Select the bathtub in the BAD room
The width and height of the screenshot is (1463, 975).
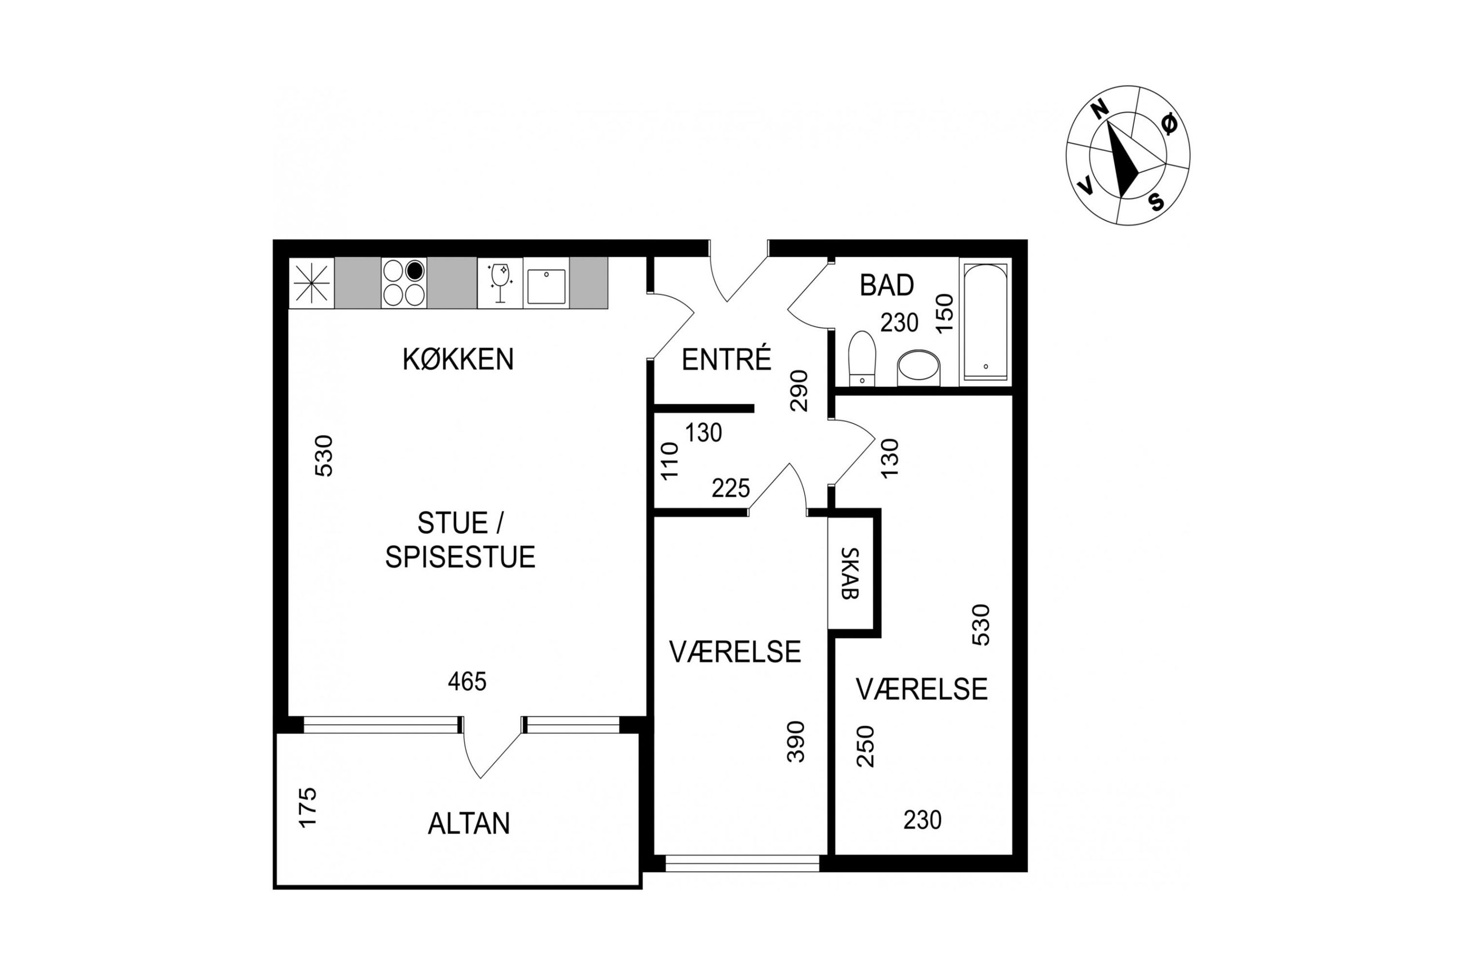(985, 322)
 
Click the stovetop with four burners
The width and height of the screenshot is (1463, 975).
(404, 283)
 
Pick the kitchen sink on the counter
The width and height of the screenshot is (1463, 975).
(546, 286)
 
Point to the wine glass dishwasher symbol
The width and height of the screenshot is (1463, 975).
(500, 283)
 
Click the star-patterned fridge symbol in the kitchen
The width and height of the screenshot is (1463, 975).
(312, 283)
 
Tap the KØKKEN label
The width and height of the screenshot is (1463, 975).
(458, 360)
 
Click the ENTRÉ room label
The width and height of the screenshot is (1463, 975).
(726, 360)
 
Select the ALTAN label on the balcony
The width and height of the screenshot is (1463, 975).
(469, 823)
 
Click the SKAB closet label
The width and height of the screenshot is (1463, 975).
(849, 573)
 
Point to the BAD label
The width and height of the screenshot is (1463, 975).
(887, 285)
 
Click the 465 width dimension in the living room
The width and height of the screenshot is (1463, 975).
(467, 682)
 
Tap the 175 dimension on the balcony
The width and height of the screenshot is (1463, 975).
(308, 807)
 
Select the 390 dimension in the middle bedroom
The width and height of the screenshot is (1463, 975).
(796, 741)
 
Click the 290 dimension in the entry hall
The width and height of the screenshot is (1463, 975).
(799, 390)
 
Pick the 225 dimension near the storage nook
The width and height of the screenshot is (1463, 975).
(730, 489)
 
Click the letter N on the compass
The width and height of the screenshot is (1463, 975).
(1101, 110)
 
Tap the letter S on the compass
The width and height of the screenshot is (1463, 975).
(1156, 201)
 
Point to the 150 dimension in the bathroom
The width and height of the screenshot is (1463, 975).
(944, 313)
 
